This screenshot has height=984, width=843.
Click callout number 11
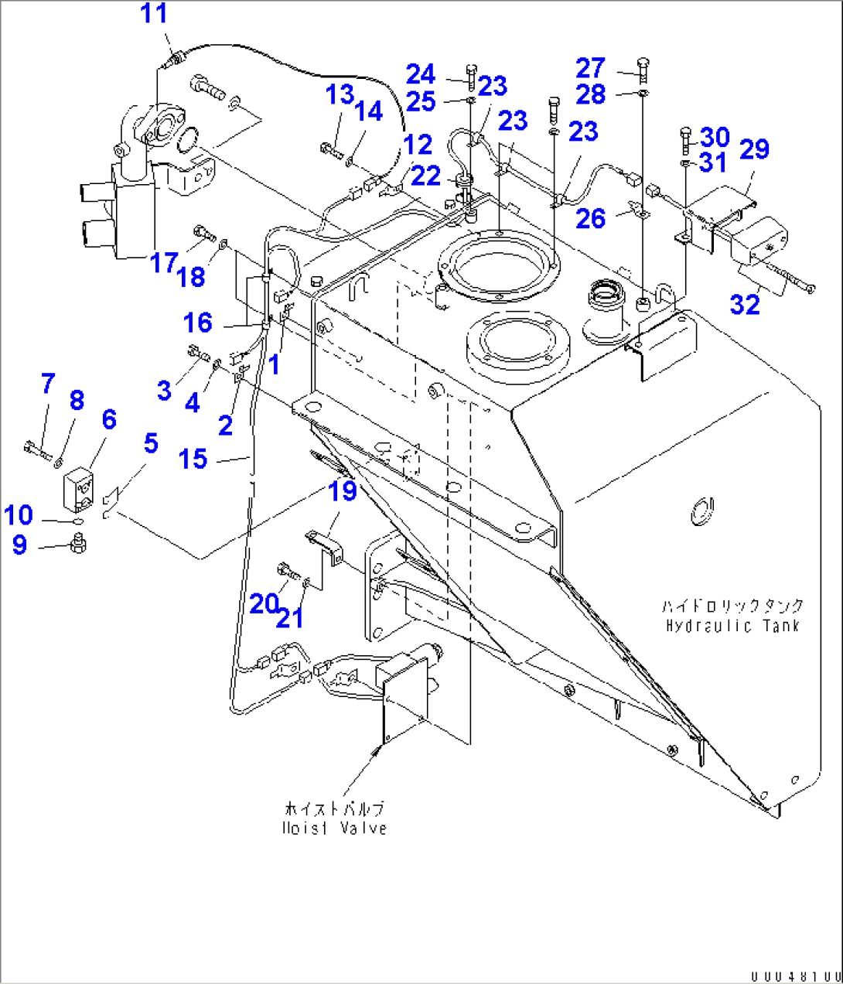[x=154, y=13]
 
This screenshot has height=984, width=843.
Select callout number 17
[x=163, y=263]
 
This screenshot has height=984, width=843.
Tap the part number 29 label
[x=754, y=149]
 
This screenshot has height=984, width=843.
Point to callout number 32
[x=745, y=304]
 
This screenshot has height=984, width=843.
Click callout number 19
[x=343, y=490]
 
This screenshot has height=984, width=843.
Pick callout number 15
[x=193, y=459]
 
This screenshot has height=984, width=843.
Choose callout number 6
[x=109, y=419]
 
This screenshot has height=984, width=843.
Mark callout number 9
[x=19, y=545]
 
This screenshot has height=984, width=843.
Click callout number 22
[x=425, y=176]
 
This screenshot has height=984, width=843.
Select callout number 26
[x=591, y=218]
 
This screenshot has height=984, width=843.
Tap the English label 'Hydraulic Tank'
[x=732, y=626]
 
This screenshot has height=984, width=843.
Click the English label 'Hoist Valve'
[x=334, y=828]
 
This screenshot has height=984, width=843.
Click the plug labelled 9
[x=77, y=545]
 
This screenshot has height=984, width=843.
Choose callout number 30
[x=715, y=137]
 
